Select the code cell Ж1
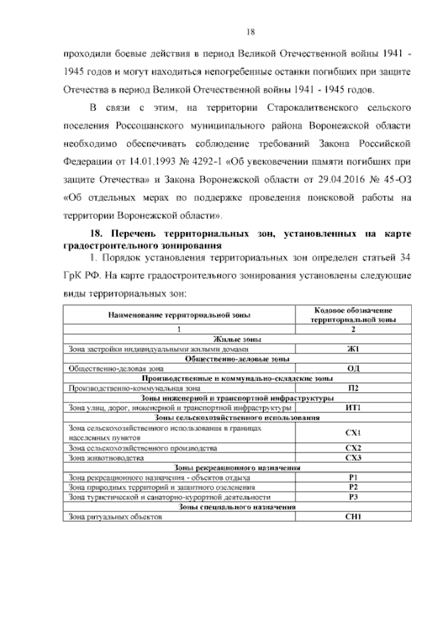tap(352, 350)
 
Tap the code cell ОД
tap(352, 369)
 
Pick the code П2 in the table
tap(352, 389)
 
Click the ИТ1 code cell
tap(352, 408)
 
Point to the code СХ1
tap(352, 433)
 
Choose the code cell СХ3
tap(352, 458)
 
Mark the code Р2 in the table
tap(352, 487)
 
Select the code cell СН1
tap(352, 516)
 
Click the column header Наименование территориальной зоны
tap(179, 315)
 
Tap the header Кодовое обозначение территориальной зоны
tap(352, 315)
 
